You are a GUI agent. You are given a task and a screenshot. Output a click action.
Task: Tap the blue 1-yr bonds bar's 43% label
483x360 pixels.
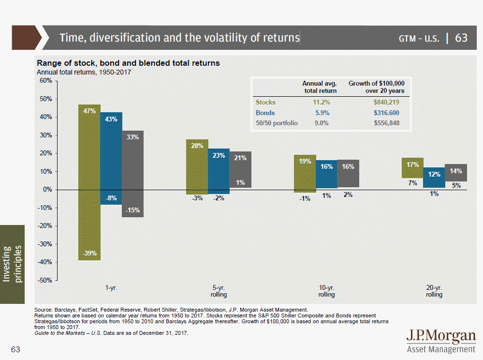[x=111, y=119]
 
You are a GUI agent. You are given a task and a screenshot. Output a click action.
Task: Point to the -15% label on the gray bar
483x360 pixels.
[x=133, y=210]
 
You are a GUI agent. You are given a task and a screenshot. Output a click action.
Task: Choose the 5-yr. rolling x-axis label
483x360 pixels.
[x=219, y=291]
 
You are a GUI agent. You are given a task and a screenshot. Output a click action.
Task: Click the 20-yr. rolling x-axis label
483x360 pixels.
[x=434, y=291]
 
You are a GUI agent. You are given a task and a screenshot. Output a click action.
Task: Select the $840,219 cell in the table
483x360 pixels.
[x=386, y=103]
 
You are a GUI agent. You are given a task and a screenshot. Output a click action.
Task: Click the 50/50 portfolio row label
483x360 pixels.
[x=277, y=123]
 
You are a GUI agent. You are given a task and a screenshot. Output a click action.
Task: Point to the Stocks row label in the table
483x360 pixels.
[x=265, y=103]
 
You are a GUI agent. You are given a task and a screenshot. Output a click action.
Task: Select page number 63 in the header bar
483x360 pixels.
[x=461, y=38]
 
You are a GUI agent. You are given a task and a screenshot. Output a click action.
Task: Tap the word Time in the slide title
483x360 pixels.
[x=72, y=38]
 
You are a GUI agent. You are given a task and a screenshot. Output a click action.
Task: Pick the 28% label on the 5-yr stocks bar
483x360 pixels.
[x=197, y=146]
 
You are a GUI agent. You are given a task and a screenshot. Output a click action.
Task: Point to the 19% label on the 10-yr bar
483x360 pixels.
[x=305, y=161]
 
